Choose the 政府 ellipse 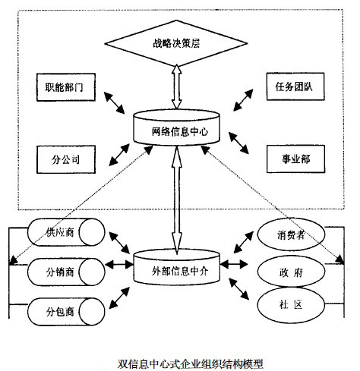point(286,269)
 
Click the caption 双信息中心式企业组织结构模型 point(179,362)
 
